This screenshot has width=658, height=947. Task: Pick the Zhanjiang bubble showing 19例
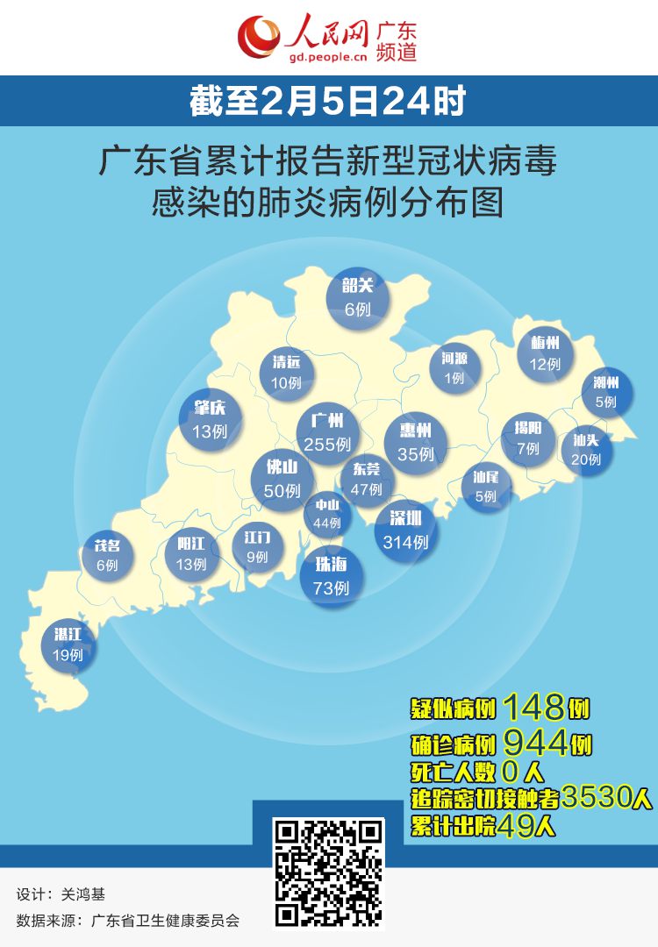tap(68, 645)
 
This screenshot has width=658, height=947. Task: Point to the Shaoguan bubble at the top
tap(358, 297)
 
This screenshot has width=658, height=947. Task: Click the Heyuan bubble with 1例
tap(454, 367)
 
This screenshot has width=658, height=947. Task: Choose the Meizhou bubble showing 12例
tap(545, 352)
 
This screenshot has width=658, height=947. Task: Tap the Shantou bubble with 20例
tap(586, 449)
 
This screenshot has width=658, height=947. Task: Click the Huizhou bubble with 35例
tap(415, 442)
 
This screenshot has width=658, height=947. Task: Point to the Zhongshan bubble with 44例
tap(326, 514)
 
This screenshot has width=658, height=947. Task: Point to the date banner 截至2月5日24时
tap(329, 102)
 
